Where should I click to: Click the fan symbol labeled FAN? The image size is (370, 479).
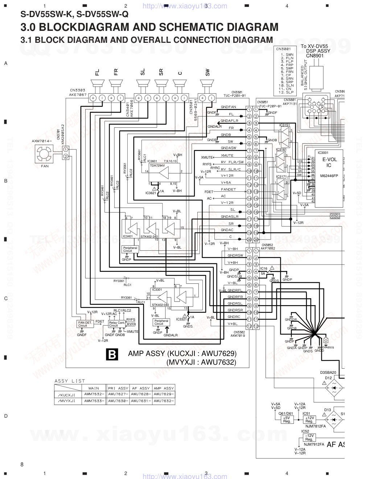[45, 154]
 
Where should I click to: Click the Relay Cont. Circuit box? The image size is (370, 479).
[116, 324]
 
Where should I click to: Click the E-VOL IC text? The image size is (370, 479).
[329, 162]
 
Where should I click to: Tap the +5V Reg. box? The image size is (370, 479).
[287, 420]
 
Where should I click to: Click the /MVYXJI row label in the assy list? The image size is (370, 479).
[66, 401]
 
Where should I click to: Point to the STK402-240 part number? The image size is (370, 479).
[149, 236]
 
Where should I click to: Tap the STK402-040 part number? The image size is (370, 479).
[160, 305]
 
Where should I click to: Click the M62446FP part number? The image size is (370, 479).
[329, 176]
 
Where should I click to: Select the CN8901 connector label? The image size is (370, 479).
[314, 56]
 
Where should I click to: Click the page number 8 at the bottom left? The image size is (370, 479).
[22, 464]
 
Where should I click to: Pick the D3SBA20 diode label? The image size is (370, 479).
[328, 372]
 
